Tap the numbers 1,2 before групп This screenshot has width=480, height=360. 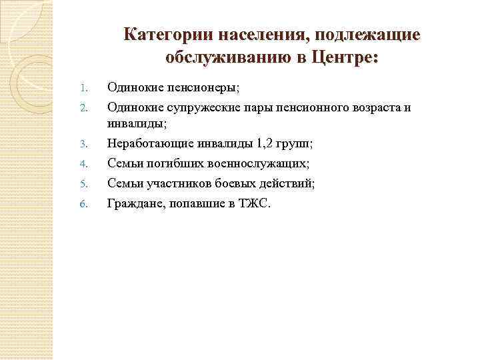click(x=263, y=143)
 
